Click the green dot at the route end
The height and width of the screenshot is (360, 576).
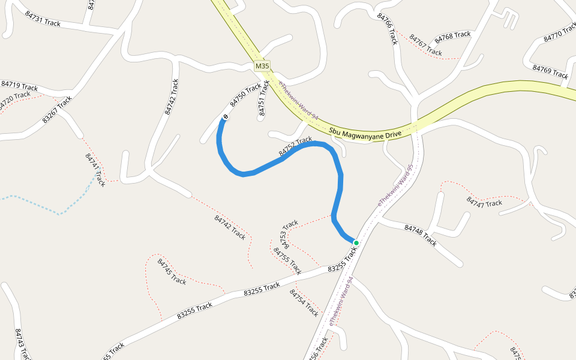click(x=356, y=243)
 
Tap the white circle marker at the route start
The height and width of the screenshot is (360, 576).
click(x=226, y=116)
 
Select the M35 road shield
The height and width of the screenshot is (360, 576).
click(x=262, y=66)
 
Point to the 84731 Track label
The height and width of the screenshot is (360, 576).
click(x=43, y=19)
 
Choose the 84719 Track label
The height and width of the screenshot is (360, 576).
click(x=19, y=86)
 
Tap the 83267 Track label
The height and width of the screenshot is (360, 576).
click(x=57, y=109)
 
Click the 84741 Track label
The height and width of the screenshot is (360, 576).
click(x=95, y=170)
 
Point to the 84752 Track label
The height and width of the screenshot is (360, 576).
click(x=295, y=147)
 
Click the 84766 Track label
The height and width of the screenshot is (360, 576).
click(x=388, y=29)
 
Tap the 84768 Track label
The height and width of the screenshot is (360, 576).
click(x=452, y=37)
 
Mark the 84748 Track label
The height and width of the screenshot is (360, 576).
click(x=421, y=235)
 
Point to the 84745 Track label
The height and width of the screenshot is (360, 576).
click(x=172, y=271)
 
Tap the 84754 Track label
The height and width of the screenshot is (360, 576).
click(x=304, y=302)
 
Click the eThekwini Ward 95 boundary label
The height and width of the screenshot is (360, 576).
click(x=395, y=186)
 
